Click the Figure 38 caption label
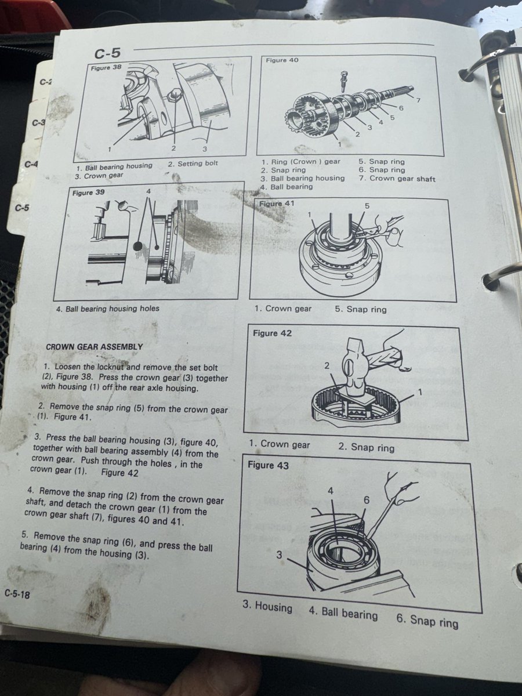point(106,68)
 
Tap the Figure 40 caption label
point(282,60)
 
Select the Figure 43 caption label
point(268,465)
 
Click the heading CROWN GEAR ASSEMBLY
point(95,347)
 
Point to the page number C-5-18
point(17,594)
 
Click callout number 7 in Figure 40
point(418,100)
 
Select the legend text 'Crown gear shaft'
point(403,178)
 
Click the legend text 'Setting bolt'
point(197,164)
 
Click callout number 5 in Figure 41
point(367,206)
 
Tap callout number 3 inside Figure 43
point(279,555)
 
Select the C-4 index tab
point(31,164)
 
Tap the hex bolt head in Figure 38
point(173,95)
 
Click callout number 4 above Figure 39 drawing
point(149,191)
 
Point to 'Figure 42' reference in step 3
point(120,473)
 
